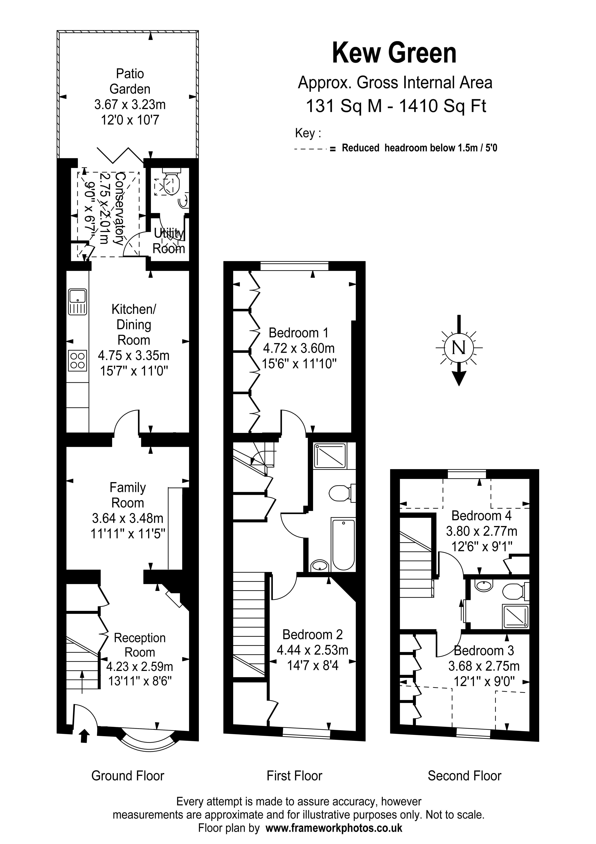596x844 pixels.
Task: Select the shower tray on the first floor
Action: [x=330, y=456]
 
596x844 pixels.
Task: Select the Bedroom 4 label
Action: [x=481, y=516]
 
